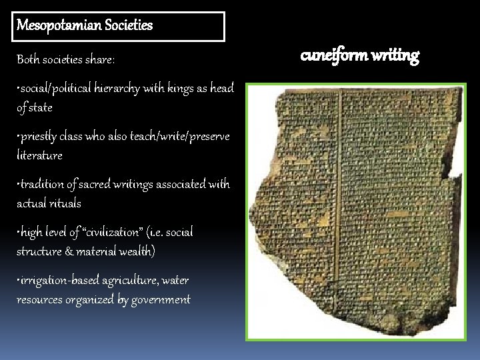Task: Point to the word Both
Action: [x=29, y=60]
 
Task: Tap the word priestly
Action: [x=41, y=136]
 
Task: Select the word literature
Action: [x=39, y=155]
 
